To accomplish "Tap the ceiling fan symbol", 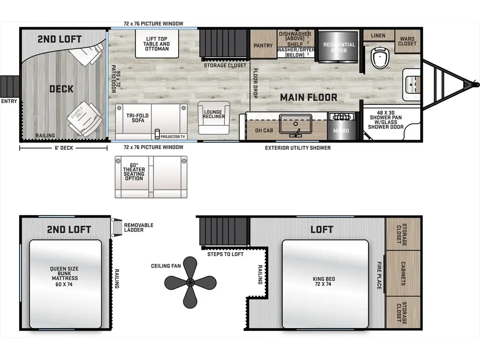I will [190, 282].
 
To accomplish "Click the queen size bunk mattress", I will [65, 284].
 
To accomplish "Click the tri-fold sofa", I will [151, 121].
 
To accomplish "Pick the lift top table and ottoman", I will [157, 44].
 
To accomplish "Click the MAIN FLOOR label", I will [308, 97].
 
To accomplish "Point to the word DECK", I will [61, 89].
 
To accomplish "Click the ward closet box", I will [407, 41].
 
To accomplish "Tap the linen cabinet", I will [378, 36].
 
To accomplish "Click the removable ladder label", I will [138, 228].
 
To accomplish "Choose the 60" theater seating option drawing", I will [150, 177].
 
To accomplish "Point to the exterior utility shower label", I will [298, 148].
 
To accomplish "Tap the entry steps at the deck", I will [8, 85].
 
